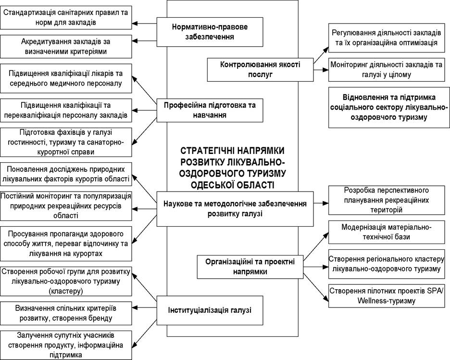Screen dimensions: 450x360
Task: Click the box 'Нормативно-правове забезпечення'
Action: click(x=210, y=32)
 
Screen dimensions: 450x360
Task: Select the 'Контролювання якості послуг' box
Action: click(x=260, y=70)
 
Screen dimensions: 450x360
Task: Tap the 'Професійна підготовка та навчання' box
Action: click(x=210, y=111)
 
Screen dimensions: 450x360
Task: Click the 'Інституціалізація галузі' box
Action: click(x=210, y=310)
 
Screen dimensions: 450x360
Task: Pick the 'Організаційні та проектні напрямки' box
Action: click(x=250, y=267)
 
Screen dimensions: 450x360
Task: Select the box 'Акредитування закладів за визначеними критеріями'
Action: click(x=66, y=47)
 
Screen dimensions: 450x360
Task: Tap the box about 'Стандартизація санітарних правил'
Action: click(x=66, y=17)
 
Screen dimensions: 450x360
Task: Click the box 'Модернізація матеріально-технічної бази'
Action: click(x=387, y=232)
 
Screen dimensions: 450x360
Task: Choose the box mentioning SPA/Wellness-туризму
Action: click(x=387, y=296)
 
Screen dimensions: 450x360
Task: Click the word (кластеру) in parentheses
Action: click(x=66, y=291)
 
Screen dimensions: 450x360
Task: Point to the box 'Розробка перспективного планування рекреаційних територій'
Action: click(x=387, y=200)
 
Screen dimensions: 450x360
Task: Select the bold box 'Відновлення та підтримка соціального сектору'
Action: click(x=389, y=107)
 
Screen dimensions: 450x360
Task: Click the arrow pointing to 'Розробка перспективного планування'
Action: click(x=321, y=203)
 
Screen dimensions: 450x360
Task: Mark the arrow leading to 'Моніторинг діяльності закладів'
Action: click(x=321, y=69)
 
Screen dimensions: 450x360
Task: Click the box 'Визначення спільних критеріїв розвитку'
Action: click(x=66, y=313)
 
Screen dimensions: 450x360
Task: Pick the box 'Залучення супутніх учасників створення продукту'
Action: click(x=66, y=345)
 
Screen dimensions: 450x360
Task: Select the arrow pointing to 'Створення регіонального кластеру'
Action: click(x=316, y=267)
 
